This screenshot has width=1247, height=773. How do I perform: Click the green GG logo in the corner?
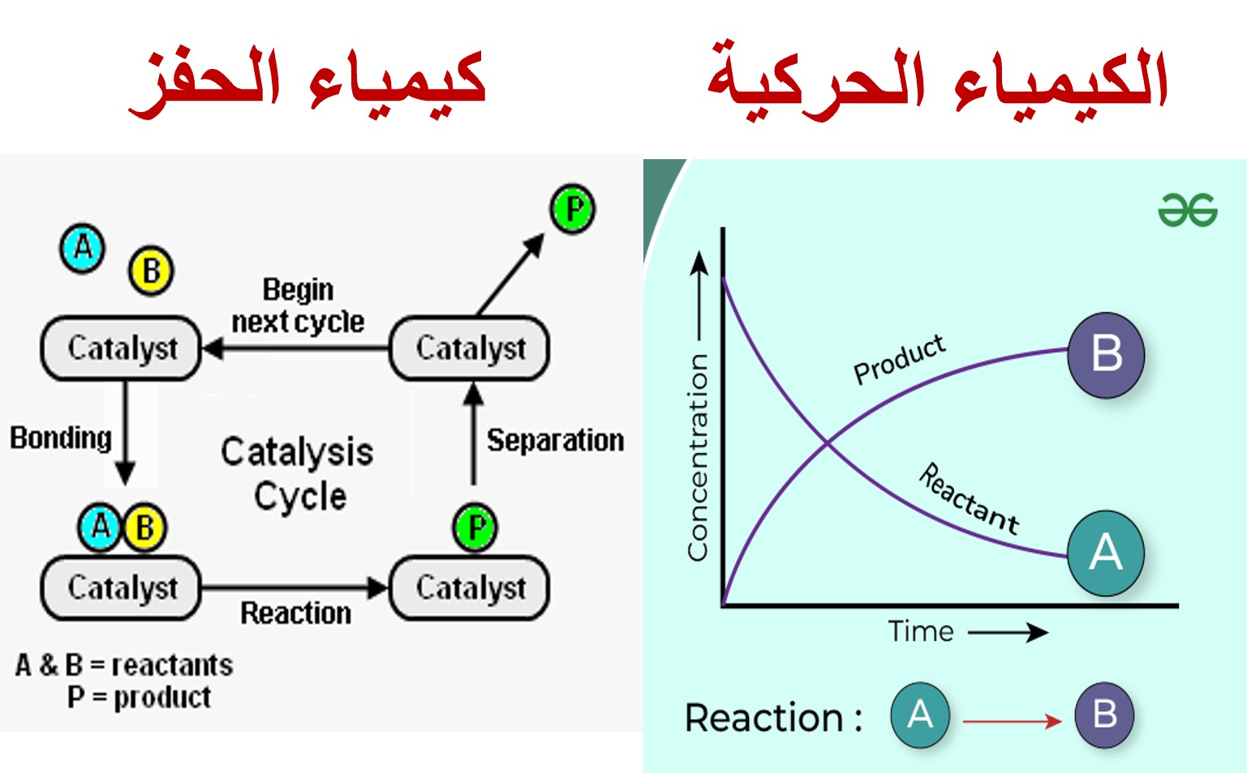click(1188, 210)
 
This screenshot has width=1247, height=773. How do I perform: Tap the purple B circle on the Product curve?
click(1106, 355)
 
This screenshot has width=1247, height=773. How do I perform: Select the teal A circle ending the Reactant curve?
click(1106, 553)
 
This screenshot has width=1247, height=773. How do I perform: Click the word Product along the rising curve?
click(899, 360)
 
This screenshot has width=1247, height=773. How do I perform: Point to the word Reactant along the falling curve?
click(970, 499)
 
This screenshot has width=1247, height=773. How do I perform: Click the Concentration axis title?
click(698, 457)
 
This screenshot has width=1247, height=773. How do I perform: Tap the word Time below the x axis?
click(921, 632)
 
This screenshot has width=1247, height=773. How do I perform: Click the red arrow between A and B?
click(1012, 721)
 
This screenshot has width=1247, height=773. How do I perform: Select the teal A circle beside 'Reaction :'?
click(920, 715)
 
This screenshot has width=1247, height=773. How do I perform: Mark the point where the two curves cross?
click(828, 443)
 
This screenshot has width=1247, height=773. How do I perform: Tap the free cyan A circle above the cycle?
click(83, 248)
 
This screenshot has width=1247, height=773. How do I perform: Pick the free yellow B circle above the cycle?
click(151, 271)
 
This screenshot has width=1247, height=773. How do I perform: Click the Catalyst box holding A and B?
click(121, 587)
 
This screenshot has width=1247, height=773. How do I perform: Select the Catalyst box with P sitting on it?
click(469, 587)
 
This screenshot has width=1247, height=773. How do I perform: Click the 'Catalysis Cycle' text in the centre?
click(297, 473)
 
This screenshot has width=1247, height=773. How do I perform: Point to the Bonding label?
click(61, 438)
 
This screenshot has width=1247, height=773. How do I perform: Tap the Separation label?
click(555, 440)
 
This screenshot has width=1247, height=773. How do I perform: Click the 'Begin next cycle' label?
click(298, 305)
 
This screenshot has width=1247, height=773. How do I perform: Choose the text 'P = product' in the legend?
click(140, 697)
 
